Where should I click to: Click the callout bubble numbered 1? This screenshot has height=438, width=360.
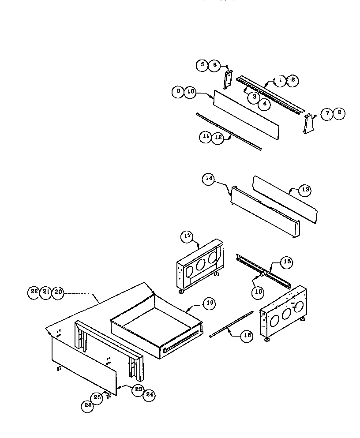tap(281, 80)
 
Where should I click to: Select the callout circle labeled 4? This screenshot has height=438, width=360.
tap(264, 104)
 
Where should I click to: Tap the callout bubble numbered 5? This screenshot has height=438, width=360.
tap(202, 65)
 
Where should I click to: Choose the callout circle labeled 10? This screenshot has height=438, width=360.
tap(190, 92)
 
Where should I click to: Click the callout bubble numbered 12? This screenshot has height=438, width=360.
tap(218, 137)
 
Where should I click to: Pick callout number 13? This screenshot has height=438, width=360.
tap(305, 191)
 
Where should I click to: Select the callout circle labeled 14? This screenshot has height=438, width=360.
tap(209, 179)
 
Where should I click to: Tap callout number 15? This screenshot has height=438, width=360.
tap(287, 262)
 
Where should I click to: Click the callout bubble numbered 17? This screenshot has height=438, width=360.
tap(187, 236)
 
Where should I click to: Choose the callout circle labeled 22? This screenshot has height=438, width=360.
tap(34, 292)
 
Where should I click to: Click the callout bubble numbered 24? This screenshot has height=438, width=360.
tap(150, 395)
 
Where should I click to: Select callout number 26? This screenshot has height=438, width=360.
tap(87, 407)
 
